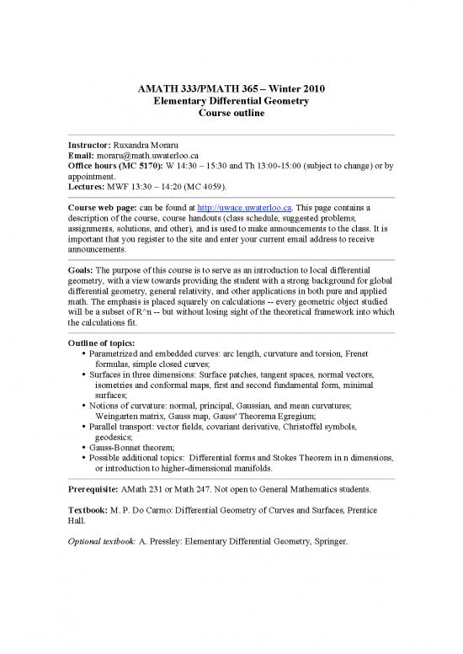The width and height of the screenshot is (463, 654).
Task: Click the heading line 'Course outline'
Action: click(231, 114)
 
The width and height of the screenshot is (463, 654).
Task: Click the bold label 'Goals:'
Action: click(82, 271)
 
